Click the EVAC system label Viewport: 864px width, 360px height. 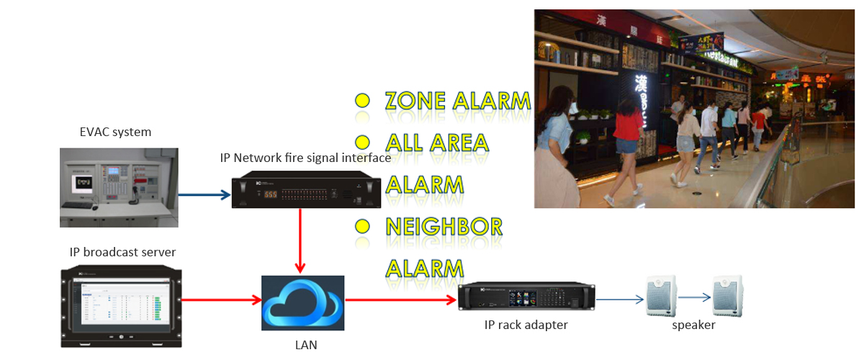tap(115, 132)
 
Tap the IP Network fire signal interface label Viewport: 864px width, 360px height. tap(305, 158)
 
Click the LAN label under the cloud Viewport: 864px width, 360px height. tap(306, 345)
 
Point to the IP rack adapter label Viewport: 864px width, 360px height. tap(526, 325)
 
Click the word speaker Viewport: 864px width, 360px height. tap(694, 325)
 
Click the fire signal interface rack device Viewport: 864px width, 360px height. tap(304, 192)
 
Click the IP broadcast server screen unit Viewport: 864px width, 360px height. tap(120, 306)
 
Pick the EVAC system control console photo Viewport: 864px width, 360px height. tap(118, 186)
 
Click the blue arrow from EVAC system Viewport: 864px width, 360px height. tap(204, 194)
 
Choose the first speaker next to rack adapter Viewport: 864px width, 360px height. tap(662, 294)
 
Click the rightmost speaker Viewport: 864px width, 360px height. tap(729, 294)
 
